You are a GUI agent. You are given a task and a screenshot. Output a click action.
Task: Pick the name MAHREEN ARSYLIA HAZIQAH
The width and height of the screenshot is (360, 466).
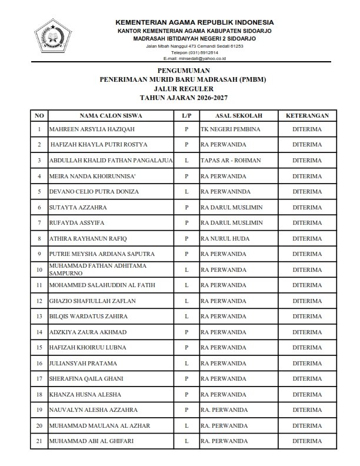coord(85,129)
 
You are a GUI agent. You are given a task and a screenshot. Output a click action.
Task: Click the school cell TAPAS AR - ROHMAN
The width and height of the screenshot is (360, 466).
coord(230,160)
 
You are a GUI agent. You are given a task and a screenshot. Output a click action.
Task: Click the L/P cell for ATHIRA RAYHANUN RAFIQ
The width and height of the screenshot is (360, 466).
coord(186,238)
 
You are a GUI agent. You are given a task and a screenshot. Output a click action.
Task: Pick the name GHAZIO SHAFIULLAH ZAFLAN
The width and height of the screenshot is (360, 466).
coord(93,301)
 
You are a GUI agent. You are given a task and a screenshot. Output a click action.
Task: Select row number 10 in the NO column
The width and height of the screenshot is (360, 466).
coord(39,269)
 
